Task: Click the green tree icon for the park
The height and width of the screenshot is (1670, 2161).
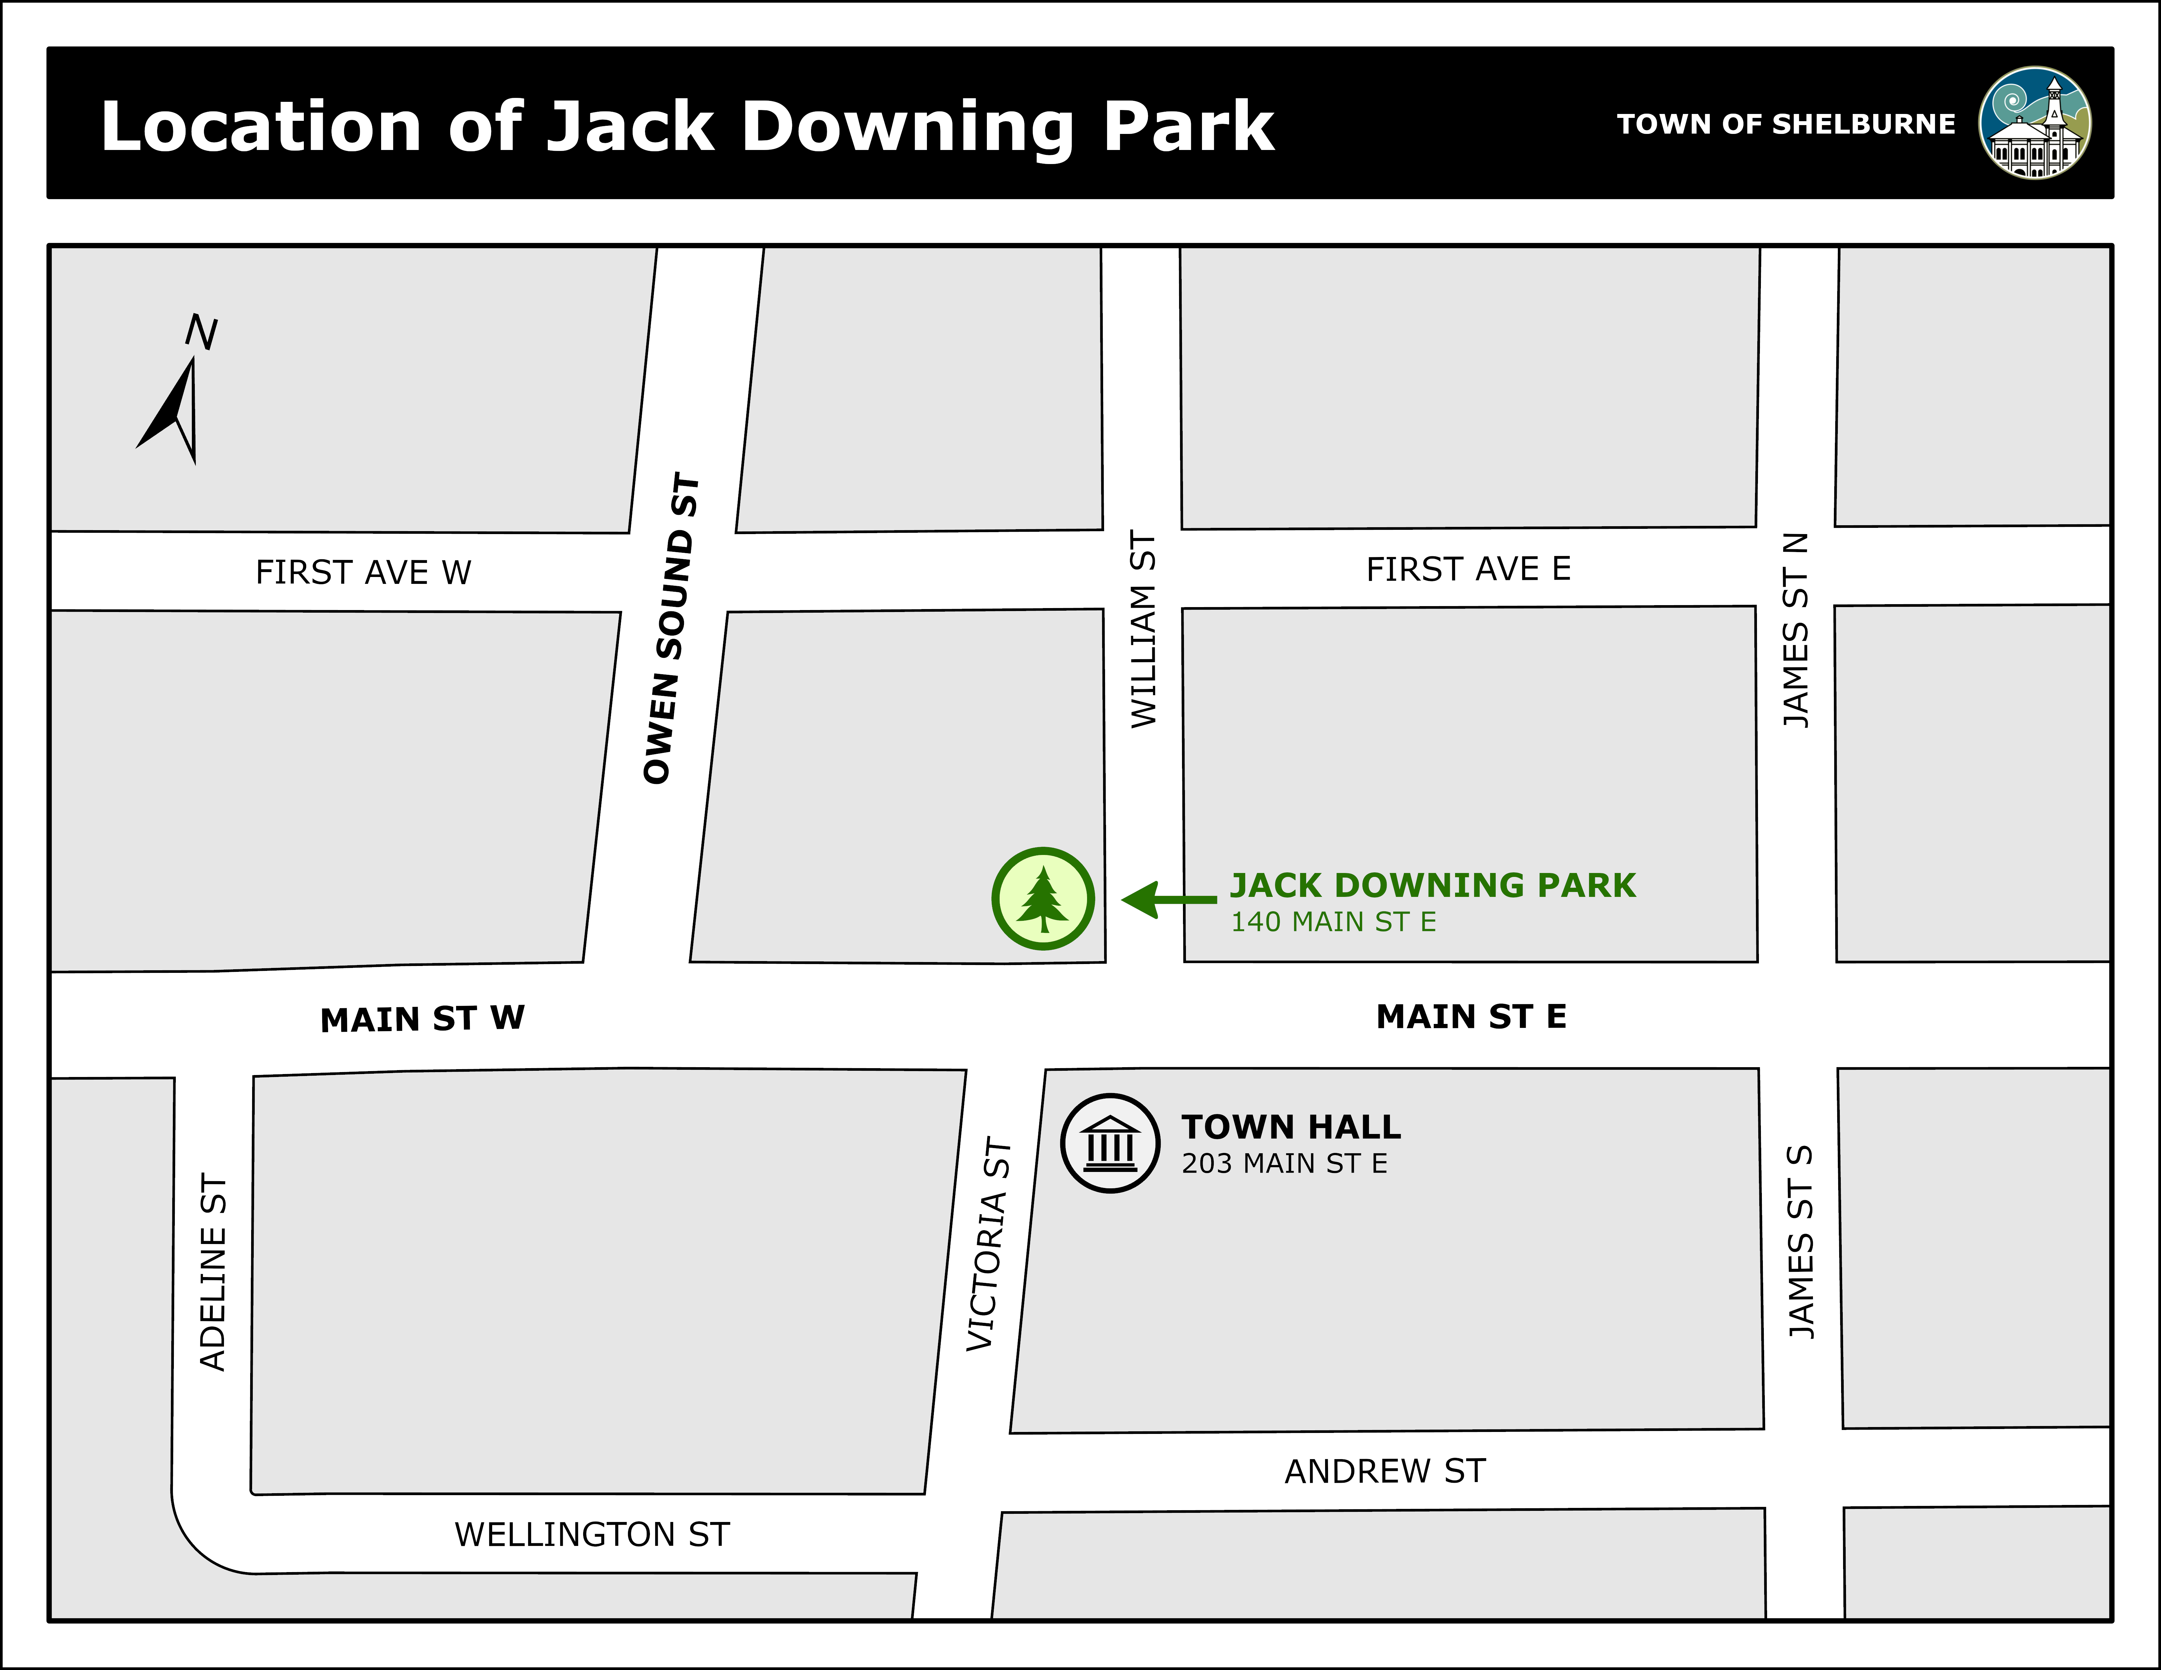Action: coord(1043,898)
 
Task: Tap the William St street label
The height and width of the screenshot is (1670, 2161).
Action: coord(1144,629)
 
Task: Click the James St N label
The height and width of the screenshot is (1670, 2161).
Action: coord(1796,630)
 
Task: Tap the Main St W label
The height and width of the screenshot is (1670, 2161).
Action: coord(422,1019)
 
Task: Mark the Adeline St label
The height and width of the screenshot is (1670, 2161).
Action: coord(214,1272)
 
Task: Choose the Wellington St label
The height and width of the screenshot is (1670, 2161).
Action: coord(592,1534)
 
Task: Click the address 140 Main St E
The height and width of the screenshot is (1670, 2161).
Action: coord(1333,922)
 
